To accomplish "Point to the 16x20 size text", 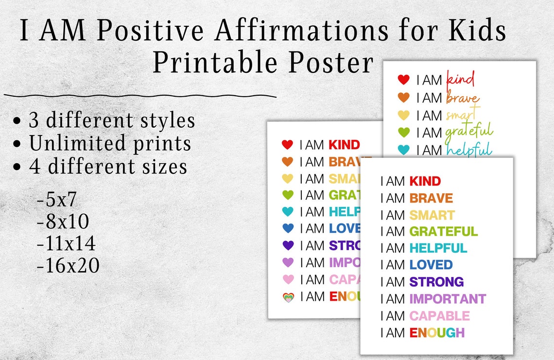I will [x=68, y=266].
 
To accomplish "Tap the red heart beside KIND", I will [x=287, y=145].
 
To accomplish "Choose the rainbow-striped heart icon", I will [x=288, y=297].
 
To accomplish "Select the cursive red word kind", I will [x=460, y=79].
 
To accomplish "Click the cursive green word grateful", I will [x=468, y=132].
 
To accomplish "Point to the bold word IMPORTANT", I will [x=447, y=299].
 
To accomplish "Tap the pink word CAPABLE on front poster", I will [x=439, y=316].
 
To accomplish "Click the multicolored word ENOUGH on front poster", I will [x=437, y=333].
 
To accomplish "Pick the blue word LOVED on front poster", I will [x=431, y=265].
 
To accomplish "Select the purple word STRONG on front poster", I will [x=436, y=282].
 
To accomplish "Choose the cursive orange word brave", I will [x=462, y=98].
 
